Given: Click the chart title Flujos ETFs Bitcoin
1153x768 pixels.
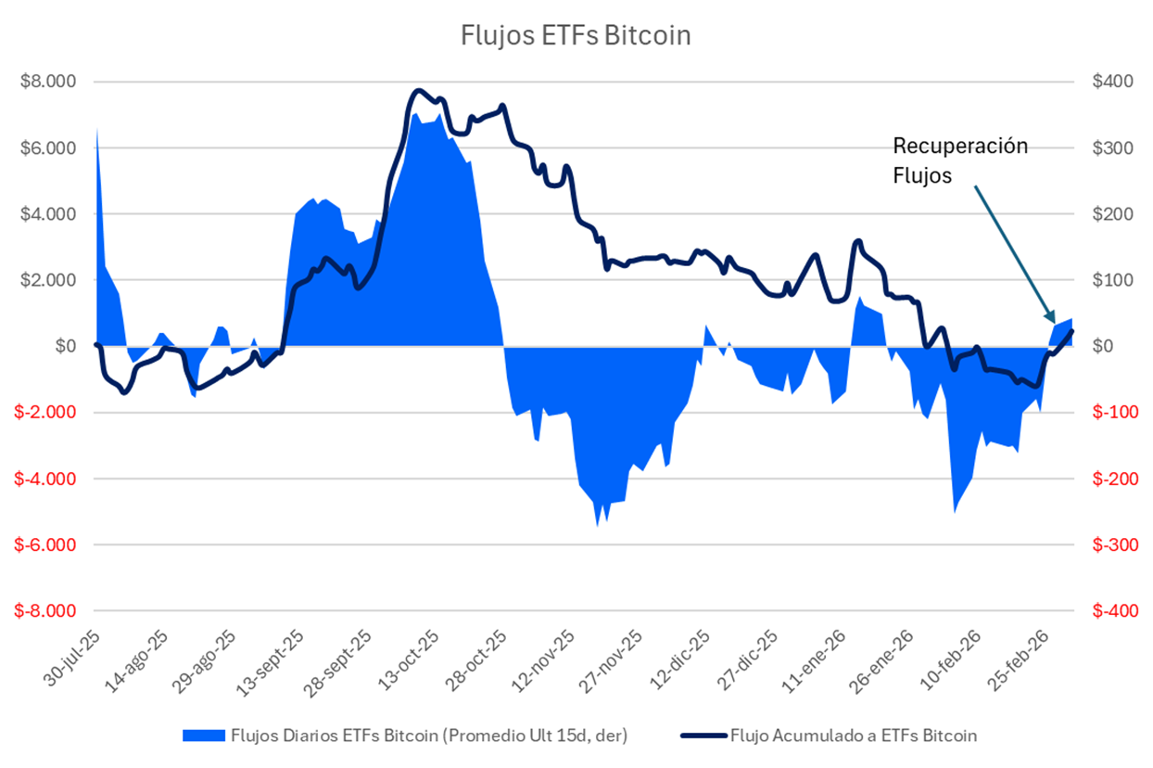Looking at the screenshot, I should pos(576,36).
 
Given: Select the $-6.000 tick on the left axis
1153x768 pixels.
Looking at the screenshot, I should pos(46,545).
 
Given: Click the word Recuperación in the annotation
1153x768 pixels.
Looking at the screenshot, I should pos(960,147).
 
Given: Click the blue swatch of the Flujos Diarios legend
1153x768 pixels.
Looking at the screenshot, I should pos(203,736).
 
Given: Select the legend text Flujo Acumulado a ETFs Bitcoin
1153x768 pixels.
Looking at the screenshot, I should pos(854,736).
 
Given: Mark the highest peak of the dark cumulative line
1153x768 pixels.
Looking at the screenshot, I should pos(418,91).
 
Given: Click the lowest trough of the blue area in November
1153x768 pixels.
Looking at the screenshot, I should pos(598,526).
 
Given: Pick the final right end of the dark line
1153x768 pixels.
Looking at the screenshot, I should pos(1072,330).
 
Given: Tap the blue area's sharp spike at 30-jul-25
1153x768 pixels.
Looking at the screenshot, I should pos(97,130).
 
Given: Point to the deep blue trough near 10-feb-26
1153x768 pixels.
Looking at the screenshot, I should pos(955,511).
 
